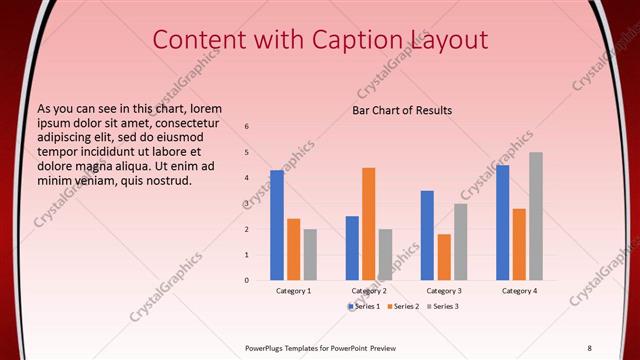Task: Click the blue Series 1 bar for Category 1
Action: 277,225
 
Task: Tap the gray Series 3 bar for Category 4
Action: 536,216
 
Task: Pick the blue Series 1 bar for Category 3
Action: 427,235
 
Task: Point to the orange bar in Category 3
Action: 444,257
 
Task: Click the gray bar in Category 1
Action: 310,254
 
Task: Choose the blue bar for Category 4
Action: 502,222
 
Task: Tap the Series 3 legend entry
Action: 443,306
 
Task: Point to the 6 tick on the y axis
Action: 247,127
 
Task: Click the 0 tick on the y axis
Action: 247,280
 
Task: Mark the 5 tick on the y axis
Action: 247,152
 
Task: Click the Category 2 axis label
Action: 369,290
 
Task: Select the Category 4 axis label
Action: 519,290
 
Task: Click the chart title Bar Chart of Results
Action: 402,110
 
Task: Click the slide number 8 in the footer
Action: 589,347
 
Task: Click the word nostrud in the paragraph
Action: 165,180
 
